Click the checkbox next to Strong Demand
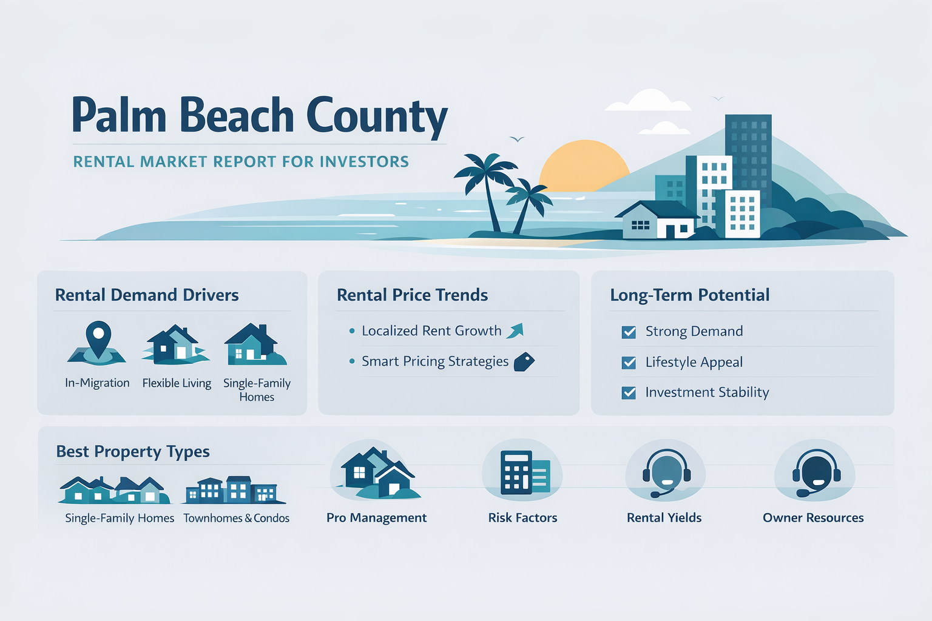[629, 332]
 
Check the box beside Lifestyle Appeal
[629, 363]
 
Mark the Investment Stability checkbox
[629, 393]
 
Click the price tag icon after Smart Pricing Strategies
[524, 361]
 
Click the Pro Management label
[376, 518]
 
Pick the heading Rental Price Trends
[412, 295]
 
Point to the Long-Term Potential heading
[689, 295]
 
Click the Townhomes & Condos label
[236, 519]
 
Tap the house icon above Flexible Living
[175, 345]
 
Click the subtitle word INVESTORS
[364, 162]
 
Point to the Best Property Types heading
[133, 452]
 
